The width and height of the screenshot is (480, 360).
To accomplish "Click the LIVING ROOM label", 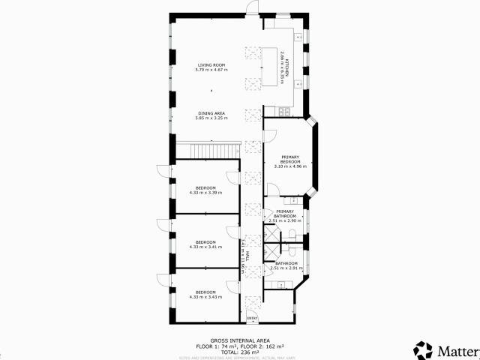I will pyautogui.click(x=211, y=65).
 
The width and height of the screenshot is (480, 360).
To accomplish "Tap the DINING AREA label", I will pyautogui.click(x=211, y=113).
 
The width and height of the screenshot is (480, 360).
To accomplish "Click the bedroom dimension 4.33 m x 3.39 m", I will pyautogui.click(x=205, y=192).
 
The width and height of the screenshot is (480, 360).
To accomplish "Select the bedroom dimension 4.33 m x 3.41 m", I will pyautogui.click(x=205, y=246).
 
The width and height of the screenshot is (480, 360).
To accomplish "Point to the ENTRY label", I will pyautogui.click(x=252, y=319).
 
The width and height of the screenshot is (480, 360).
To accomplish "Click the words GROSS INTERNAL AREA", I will pyautogui.click(x=240, y=340).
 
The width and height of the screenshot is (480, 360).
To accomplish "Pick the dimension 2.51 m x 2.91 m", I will pyautogui.click(x=285, y=268).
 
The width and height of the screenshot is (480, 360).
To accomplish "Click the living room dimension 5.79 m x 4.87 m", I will pyautogui.click(x=211, y=70).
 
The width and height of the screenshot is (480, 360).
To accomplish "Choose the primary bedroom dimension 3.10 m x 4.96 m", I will pyautogui.click(x=290, y=166).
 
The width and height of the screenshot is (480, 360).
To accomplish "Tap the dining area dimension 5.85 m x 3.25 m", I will pyautogui.click(x=211, y=118).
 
